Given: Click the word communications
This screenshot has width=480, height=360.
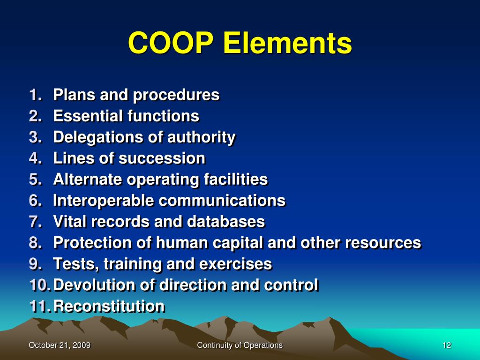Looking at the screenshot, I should click(x=222, y=201).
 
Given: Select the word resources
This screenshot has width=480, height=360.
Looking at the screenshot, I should click(x=383, y=243).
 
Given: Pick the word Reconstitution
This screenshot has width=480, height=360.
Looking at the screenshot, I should click(x=109, y=306).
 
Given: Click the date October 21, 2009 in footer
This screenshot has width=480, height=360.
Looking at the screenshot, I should click(x=60, y=345).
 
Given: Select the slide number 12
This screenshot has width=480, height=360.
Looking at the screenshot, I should click(x=446, y=345).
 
